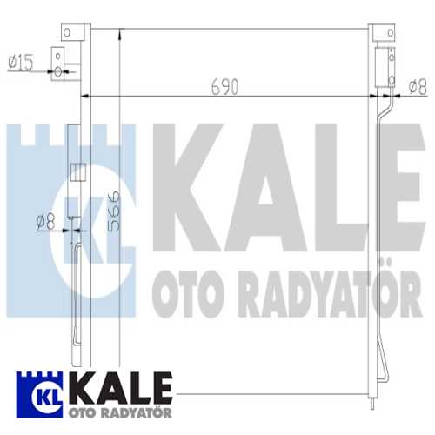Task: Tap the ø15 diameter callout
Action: [19, 62]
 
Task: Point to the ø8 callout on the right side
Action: [416, 85]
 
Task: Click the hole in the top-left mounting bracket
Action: [64, 33]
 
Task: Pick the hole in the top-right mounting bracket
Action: [380, 33]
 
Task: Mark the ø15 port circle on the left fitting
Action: [58, 71]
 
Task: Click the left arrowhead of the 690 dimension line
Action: [85, 96]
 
